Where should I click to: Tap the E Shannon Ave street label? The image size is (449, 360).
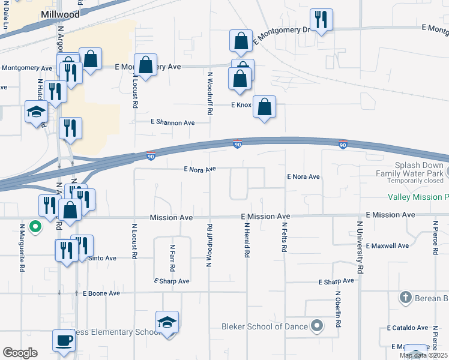point(173,122)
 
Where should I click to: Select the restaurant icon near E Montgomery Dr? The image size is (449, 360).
point(321,21)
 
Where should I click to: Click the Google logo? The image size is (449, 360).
point(19,353)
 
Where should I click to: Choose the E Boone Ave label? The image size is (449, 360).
point(101,293)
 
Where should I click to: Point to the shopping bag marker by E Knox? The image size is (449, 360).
point(264,107)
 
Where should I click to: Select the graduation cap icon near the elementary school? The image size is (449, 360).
point(167,323)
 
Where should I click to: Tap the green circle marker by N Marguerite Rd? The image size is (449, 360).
point(35,227)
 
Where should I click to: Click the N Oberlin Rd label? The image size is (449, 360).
point(339,310)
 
